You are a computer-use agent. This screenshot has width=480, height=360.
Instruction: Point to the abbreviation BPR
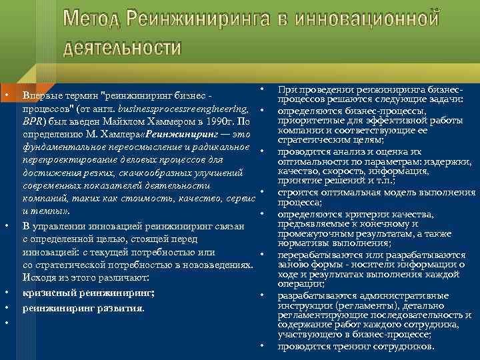(x=33, y=122)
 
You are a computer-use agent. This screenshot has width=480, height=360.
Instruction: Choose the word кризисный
(x=45, y=293)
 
